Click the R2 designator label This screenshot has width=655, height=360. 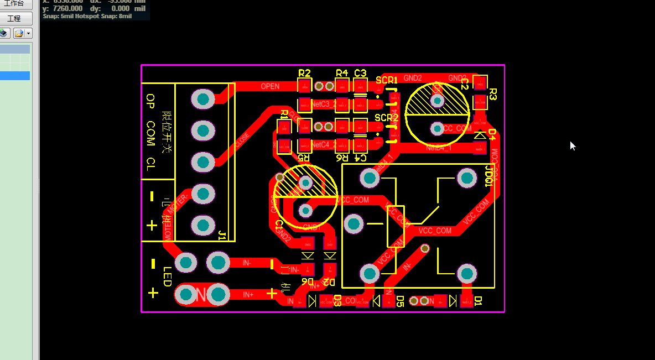[x=304, y=73]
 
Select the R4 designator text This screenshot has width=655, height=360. [x=342, y=73]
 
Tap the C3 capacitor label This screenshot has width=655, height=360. [x=360, y=73]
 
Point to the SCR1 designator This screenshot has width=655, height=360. [x=387, y=80]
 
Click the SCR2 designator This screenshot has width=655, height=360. [x=386, y=117]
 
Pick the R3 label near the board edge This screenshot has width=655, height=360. [x=493, y=94]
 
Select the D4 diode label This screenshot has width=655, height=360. [x=492, y=134]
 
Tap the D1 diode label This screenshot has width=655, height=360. [x=479, y=301]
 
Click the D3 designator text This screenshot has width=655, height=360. [x=337, y=301]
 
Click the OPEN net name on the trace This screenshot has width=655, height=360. [x=270, y=86]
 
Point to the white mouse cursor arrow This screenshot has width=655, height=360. [x=573, y=145]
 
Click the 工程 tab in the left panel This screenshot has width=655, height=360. [x=14, y=18]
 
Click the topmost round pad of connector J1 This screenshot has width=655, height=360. [x=202, y=99]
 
